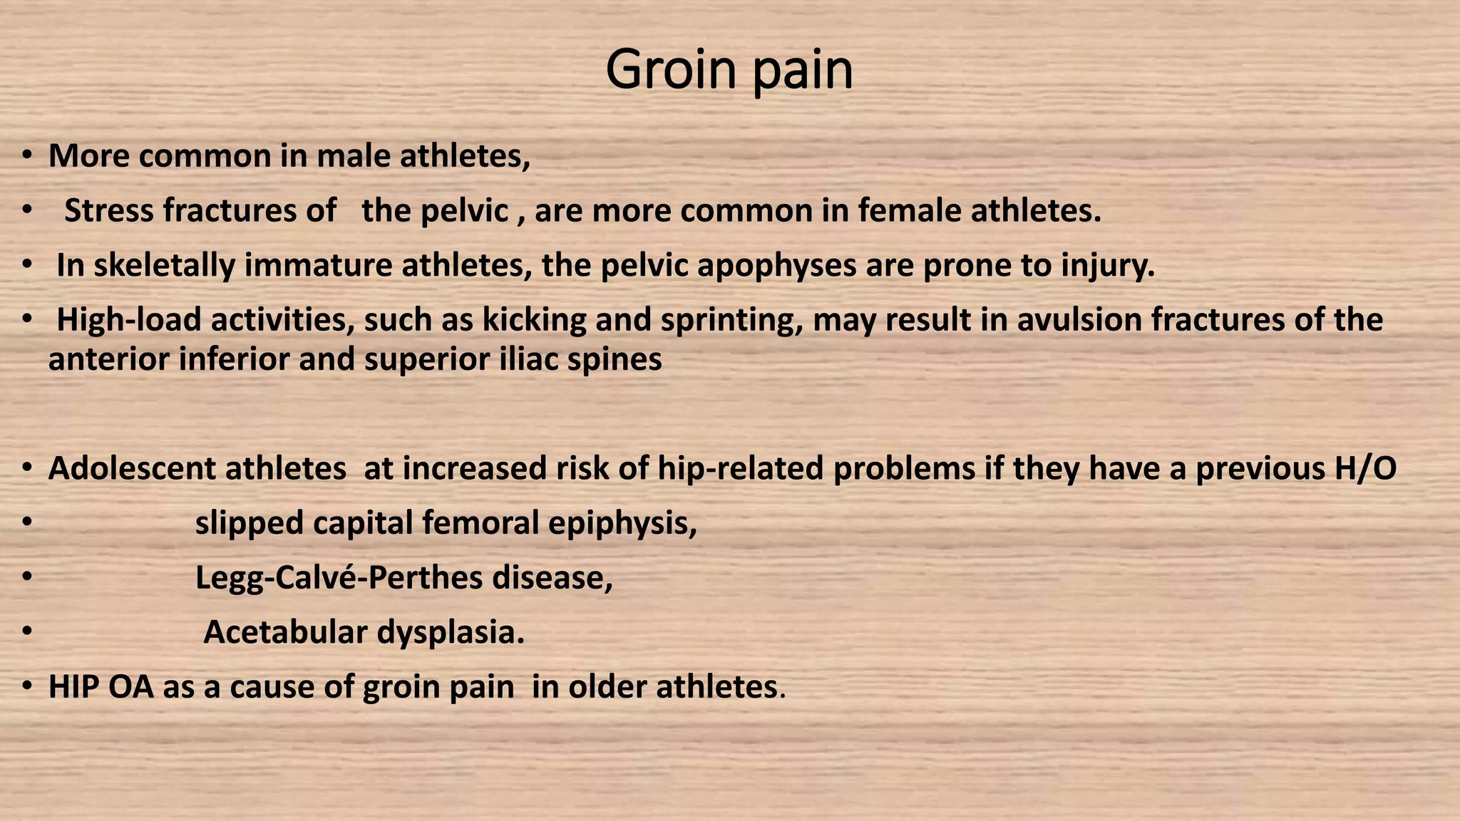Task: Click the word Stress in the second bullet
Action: [x=108, y=211]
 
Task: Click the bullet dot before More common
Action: [x=26, y=156]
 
